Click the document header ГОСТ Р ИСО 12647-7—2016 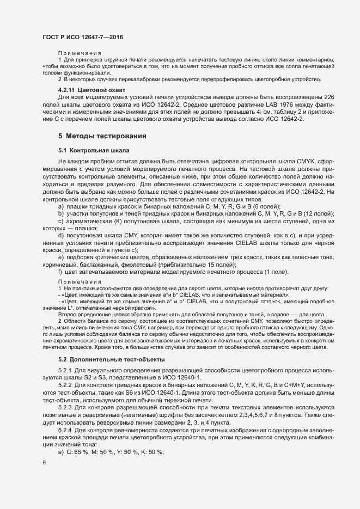coord(82,36)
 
